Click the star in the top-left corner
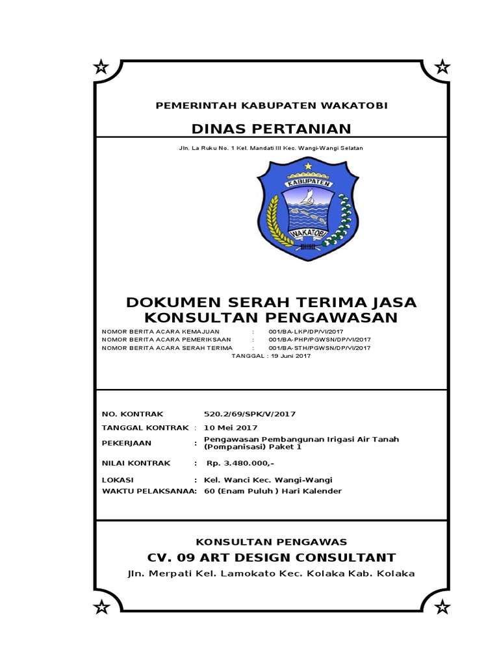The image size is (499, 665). tap(101, 66)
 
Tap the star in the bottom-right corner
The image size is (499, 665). tap(442, 607)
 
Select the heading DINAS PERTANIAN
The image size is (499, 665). tap(270, 129)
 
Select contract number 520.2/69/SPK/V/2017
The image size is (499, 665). tap(250, 414)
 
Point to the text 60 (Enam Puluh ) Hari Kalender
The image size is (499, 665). tap(272, 491)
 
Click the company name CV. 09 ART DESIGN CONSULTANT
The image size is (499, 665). tap(271, 557)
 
